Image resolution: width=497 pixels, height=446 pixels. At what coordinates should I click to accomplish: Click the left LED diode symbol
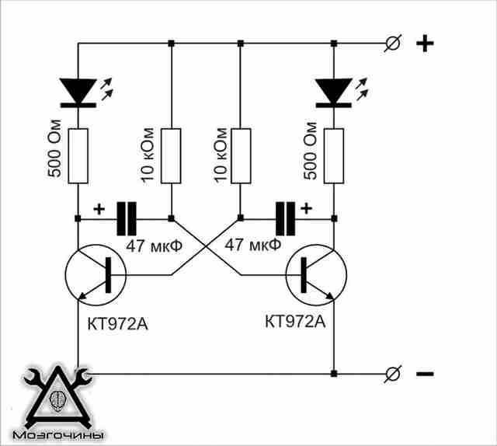pos(78,92)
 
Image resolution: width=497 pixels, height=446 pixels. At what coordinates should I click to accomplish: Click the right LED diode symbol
pos(334,92)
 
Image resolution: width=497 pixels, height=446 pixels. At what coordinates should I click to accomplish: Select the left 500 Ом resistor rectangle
pos(78,155)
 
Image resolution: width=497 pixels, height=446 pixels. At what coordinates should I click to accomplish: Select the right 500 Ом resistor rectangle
pos(334,155)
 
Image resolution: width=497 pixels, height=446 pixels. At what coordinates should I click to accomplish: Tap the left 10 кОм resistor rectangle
pos(171,155)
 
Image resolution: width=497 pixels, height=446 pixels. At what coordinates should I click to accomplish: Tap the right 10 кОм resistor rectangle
pos(241,155)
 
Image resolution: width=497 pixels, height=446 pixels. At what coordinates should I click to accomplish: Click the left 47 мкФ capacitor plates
pos(127,218)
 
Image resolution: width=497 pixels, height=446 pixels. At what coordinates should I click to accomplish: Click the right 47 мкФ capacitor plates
pos(286,218)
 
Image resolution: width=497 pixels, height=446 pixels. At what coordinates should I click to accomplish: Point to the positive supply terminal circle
pos(393,43)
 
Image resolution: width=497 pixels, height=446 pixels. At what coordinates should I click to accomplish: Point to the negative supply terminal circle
pos(393,374)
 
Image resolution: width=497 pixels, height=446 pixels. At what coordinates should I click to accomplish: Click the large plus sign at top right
pos(425,44)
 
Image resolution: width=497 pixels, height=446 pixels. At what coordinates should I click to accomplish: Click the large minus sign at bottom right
pos(425,374)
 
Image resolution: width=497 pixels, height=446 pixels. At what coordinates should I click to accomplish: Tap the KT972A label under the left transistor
pos(117,324)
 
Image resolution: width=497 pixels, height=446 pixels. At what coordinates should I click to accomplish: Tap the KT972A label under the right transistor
pos(295,322)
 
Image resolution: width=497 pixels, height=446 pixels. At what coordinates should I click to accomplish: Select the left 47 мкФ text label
pos(155,246)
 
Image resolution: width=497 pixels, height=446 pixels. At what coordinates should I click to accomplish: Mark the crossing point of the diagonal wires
pos(206,246)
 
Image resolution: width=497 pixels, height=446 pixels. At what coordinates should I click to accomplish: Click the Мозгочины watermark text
pos(58,435)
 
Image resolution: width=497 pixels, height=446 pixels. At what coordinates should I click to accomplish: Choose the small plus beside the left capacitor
pos(99,209)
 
